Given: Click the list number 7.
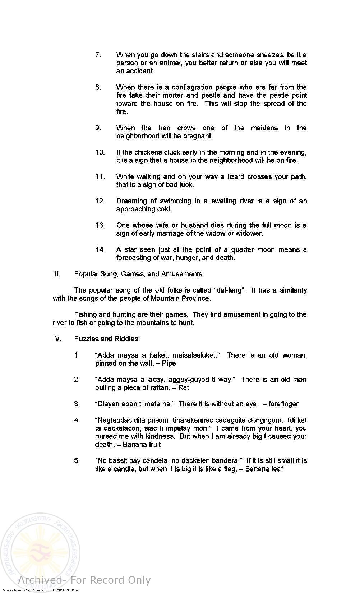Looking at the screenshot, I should [x=98, y=55].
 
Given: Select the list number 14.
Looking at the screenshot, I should [x=100, y=250].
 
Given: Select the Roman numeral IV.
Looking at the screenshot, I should [x=57, y=339].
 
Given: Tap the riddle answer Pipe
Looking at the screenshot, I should [x=169, y=363].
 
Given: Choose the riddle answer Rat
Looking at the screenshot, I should [x=183, y=388].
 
